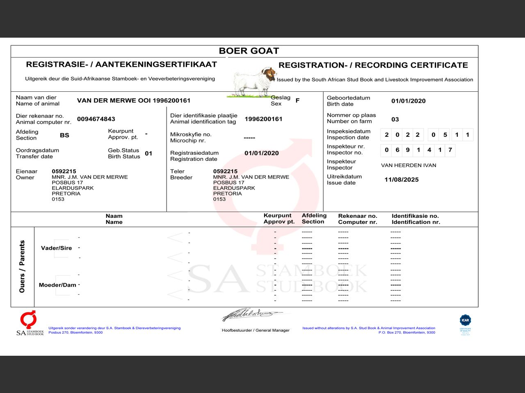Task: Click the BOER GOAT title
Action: [249, 51]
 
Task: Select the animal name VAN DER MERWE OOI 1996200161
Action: [134, 101]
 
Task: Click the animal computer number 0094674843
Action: [96, 119]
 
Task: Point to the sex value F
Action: [297, 101]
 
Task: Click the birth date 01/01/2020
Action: [408, 101]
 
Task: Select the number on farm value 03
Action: [395, 120]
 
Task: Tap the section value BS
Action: [64, 135]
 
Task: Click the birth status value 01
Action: [148, 154]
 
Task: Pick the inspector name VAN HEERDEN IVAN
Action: [409, 165]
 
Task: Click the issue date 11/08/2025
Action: [401, 180]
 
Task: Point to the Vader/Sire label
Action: [56, 248]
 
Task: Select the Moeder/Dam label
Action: [57, 285]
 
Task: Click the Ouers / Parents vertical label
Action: [22, 267]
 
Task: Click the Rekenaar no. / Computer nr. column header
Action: [357, 219]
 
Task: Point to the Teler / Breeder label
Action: [181, 174]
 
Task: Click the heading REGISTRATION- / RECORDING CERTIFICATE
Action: [373, 65]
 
